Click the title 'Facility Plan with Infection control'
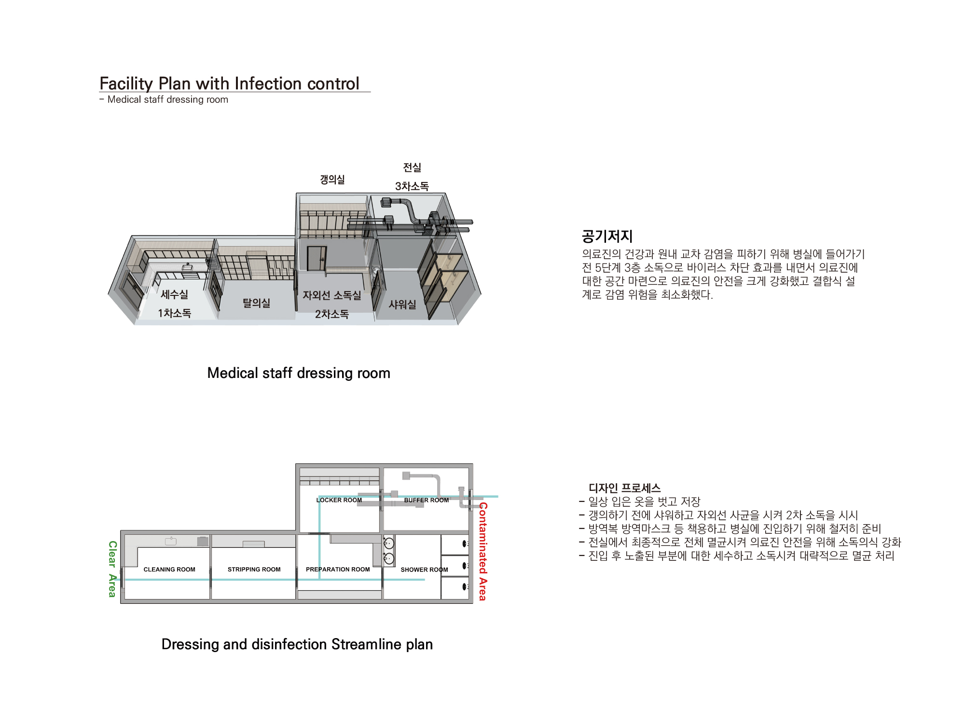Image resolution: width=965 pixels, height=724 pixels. pyautogui.click(x=229, y=84)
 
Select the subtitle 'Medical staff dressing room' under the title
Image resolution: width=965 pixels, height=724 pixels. pyautogui.click(x=168, y=99)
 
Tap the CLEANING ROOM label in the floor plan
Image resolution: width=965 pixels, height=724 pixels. pyautogui.click(x=169, y=570)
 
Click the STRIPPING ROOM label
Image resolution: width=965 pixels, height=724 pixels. pyautogui.click(x=254, y=570)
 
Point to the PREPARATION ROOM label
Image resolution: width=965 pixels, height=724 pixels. pyautogui.click(x=338, y=570)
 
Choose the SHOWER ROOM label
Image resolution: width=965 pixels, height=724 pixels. pyautogui.click(x=424, y=570)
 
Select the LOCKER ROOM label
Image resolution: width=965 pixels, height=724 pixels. pyautogui.click(x=339, y=500)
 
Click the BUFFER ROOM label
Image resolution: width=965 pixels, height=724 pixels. pyautogui.click(x=427, y=500)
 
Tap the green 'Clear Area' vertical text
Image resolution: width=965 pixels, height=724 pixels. pyautogui.click(x=112, y=569)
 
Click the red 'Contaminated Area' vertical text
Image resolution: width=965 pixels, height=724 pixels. pyautogui.click(x=483, y=552)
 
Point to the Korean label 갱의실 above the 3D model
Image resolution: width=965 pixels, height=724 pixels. pyautogui.click(x=332, y=180)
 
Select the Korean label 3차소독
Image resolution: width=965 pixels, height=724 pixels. pyautogui.click(x=412, y=186)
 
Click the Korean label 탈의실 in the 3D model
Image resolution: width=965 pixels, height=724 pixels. pyautogui.click(x=256, y=303)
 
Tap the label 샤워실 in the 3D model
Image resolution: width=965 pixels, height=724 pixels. pyautogui.click(x=402, y=305)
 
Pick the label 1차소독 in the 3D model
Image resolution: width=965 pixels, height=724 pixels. pyautogui.click(x=174, y=313)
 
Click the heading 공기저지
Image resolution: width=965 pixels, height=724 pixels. pyautogui.click(x=607, y=236)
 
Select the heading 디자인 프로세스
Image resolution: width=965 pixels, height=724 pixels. pyautogui.click(x=624, y=488)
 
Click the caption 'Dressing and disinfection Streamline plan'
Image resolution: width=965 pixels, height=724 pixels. pyautogui.click(x=297, y=644)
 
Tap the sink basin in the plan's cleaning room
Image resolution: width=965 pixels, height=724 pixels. pyautogui.click(x=171, y=541)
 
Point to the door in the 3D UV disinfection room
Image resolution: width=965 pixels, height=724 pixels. pyautogui.click(x=317, y=259)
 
